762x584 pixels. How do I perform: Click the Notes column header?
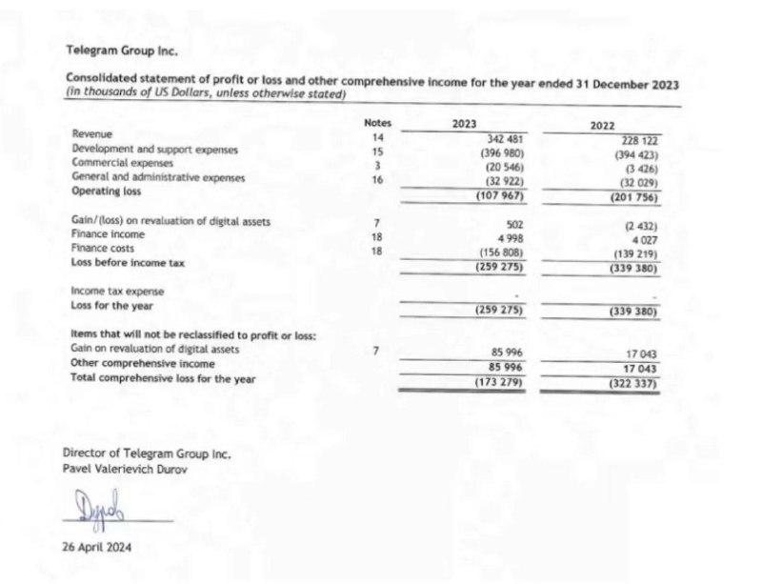[x=378, y=123]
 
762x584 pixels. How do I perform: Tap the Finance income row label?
[x=109, y=233]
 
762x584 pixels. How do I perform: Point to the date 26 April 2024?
[x=97, y=548]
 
